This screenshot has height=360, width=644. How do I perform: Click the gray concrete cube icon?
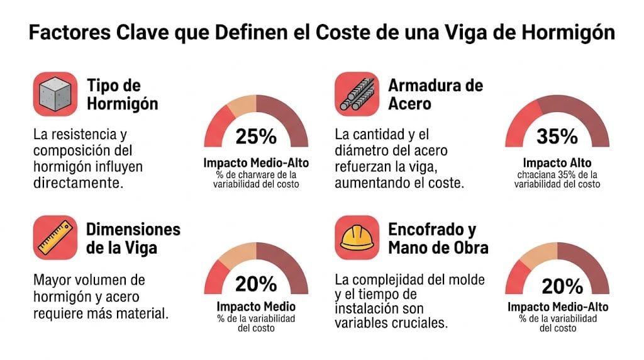(55, 94)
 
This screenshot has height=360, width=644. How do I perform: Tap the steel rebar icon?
(356, 94)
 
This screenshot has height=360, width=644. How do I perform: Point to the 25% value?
(256, 136)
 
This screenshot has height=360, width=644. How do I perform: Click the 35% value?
(557, 136)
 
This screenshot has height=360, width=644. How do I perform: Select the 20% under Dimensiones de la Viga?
(256, 284)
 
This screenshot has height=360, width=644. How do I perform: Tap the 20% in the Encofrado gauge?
(557, 286)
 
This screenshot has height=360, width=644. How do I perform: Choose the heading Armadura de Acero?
(435, 94)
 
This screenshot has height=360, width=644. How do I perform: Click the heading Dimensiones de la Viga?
(133, 238)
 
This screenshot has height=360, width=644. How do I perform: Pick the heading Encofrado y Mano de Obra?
(438, 238)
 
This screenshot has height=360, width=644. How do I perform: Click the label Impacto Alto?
(557, 162)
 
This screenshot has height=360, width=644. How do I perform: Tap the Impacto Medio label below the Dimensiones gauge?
(256, 307)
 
